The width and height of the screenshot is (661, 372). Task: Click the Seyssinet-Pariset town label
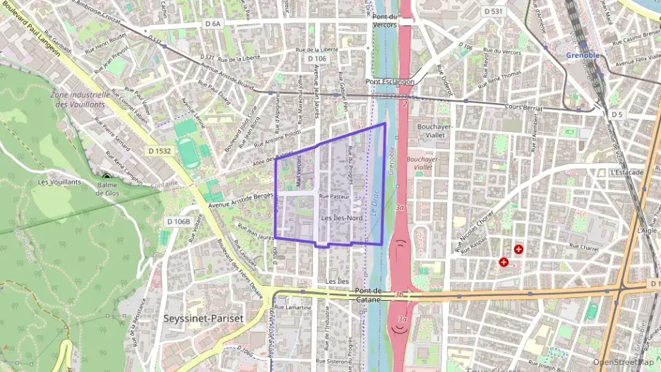[x=203, y=318]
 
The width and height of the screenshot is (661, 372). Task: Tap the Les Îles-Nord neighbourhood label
[x=342, y=219]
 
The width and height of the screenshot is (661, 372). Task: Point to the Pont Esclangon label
[x=390, y=82]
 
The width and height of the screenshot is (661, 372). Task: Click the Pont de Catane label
[x=369, y=295]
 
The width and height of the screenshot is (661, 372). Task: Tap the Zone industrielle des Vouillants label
[x=80, y=99]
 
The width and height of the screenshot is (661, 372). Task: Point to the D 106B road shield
[x=179, y=222]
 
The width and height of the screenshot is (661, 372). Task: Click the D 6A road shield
[x=213, y=24]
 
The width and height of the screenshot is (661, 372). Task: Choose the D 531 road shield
[x=494, y=11]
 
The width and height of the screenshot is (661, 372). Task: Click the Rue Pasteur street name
[x=334, y=196]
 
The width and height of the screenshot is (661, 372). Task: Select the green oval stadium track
[x=188, y=152]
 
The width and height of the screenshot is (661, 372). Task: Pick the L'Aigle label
[x=646, y=231]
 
